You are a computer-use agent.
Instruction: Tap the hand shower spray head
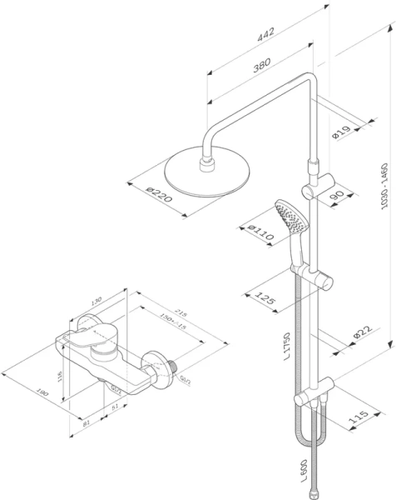[x=283, y=218]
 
